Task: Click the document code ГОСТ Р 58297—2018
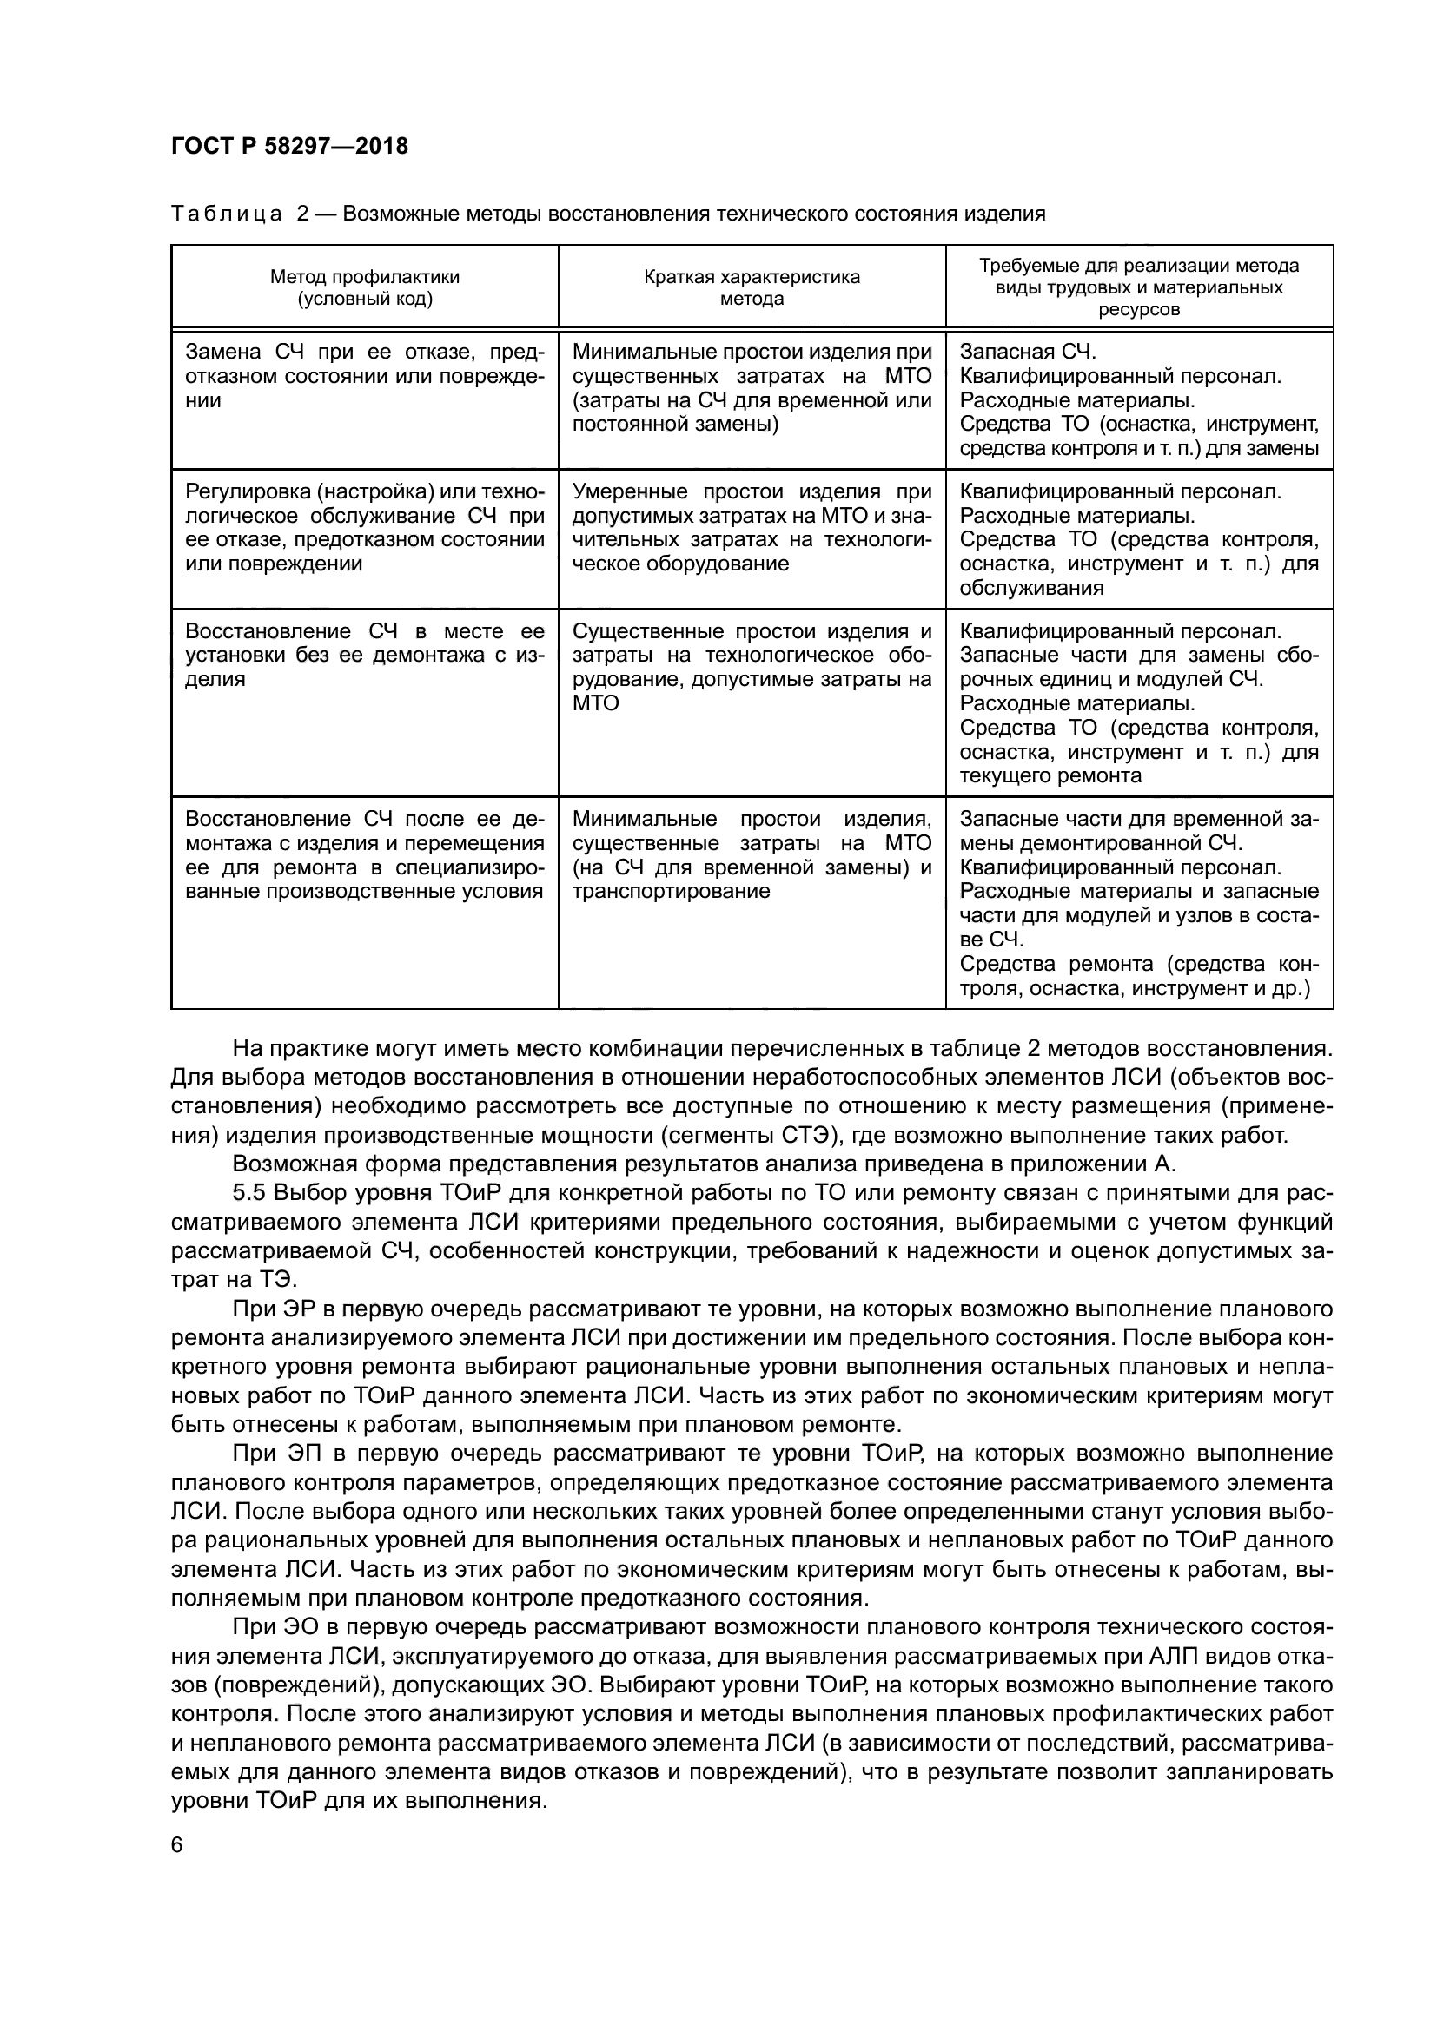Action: click(289, 147)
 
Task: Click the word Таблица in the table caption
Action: click(227, 214)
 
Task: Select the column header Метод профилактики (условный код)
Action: click(365, 287)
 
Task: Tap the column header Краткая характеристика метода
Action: click(752, 287)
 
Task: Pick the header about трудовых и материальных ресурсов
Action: click(1139, 287)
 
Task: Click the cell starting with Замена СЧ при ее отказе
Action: click(365, 377)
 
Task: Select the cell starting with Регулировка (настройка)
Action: click(365, 528)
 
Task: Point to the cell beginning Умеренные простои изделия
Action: click(752, 528)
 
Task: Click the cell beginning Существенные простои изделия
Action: click(752, 667)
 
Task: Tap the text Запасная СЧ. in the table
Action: click(1027, 352)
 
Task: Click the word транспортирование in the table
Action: click(671, 892)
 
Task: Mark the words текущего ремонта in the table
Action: click(1050, 776)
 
